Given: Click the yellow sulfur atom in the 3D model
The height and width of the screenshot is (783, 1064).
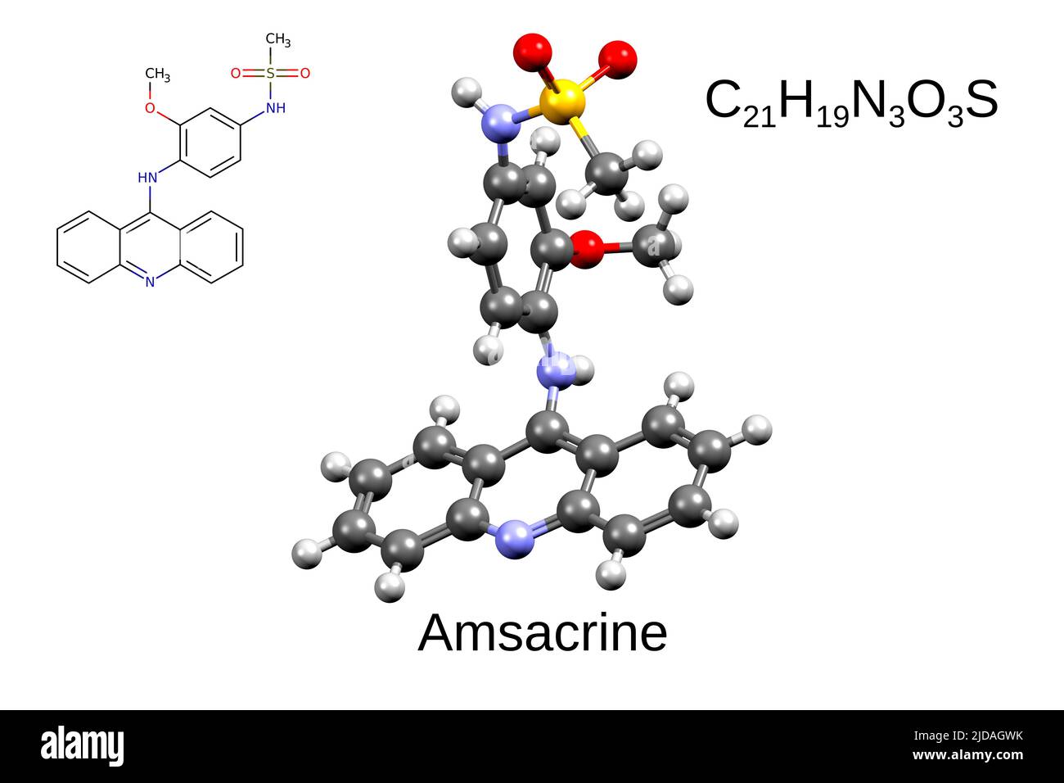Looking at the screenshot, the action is click(x=562, y=102).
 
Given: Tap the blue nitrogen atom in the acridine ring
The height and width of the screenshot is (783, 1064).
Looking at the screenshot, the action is click(x=514, y=540).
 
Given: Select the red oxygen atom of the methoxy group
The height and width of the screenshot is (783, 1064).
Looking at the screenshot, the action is click(x=588, y=249).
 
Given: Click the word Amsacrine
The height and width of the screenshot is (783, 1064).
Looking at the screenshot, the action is click(x=543, y=633).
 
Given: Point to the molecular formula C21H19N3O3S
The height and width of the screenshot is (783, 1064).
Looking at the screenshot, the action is click(x=852, y=103).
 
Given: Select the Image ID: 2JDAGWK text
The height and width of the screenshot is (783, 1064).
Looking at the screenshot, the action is click(x=968, y=736).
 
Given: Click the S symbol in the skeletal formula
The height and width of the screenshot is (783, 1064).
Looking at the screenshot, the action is click(x=270, y=73).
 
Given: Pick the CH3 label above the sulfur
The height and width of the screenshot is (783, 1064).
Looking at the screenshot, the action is click(x=278, y=40).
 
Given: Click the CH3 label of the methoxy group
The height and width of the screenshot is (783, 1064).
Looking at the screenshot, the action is click(x=157, y=75).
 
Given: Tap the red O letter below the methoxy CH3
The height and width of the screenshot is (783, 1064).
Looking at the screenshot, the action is click(x=150, y=108).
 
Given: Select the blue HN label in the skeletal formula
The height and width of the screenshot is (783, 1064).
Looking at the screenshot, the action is click(x=147, y=178).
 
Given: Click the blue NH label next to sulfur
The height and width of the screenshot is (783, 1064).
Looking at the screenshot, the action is click(x=276, y=108).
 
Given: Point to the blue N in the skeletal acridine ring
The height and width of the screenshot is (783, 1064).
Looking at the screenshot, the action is click(x=150, y=282).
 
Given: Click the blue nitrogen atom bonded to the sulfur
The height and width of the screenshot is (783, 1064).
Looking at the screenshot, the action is click(x=500, y=124).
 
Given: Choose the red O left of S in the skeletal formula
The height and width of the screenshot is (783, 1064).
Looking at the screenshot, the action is click(x=236, y=73).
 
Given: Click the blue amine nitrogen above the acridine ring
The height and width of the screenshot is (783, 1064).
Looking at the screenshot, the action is click(x=555, y=370).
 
